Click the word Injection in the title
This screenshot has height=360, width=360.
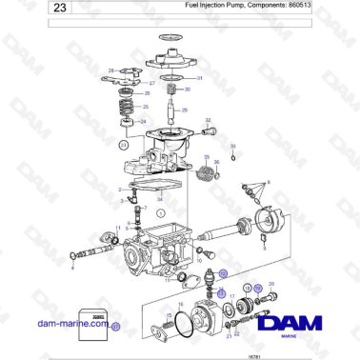(x=212, y=6)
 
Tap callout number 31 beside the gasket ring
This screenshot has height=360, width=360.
(x=199, y=78)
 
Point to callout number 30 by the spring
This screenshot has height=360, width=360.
(x=188, y=90)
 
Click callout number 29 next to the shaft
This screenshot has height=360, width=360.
(x=186, y=110)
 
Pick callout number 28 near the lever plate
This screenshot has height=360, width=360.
(x=110, y=71)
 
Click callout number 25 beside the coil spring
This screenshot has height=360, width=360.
(x=146, y=107)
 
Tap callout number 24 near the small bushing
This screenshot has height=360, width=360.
(x=144, y=122)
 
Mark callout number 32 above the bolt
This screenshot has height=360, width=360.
(x=207, y=120)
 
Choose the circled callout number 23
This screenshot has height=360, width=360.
(x=123, y=146)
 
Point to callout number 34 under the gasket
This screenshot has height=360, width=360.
(x=159, y=198)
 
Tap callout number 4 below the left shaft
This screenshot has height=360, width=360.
(x=73, y=269)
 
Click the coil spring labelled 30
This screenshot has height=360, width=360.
(x=171, y=90)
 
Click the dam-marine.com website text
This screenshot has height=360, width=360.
(x=70, y=325)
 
